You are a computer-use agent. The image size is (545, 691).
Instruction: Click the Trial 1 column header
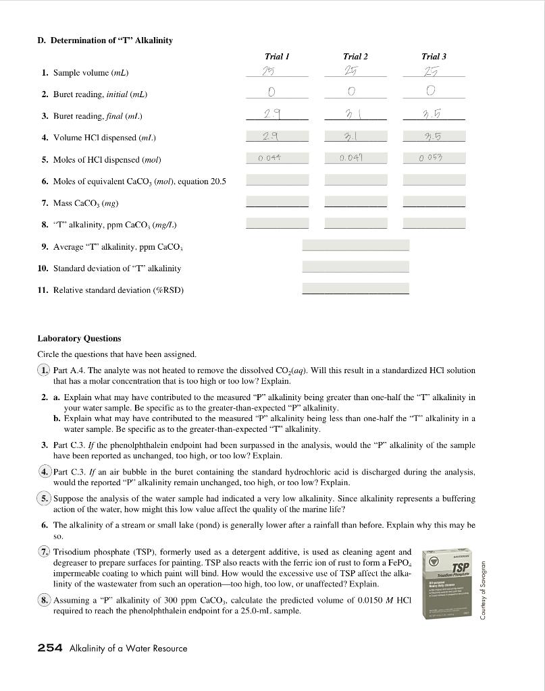point(277,57)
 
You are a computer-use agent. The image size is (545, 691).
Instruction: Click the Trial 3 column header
point(433,57)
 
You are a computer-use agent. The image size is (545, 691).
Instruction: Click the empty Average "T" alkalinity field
point(355,246)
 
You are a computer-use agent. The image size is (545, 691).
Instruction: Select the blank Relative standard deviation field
point(355,289)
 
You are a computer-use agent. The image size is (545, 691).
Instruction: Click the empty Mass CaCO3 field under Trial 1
point(277,202)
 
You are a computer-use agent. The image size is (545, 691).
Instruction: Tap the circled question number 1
point(44,370)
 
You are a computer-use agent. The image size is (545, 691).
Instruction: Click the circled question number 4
point(44,472)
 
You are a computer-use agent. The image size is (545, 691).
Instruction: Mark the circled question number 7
point(44,552)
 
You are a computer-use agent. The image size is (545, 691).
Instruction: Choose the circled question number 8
point(44,600)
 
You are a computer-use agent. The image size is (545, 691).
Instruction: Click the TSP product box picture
point(446,584)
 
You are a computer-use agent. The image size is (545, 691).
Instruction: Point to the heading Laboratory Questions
point(79,338)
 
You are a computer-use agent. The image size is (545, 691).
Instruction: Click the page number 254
point(50,648)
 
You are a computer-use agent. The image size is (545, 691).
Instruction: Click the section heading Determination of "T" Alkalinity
point(105,40)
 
